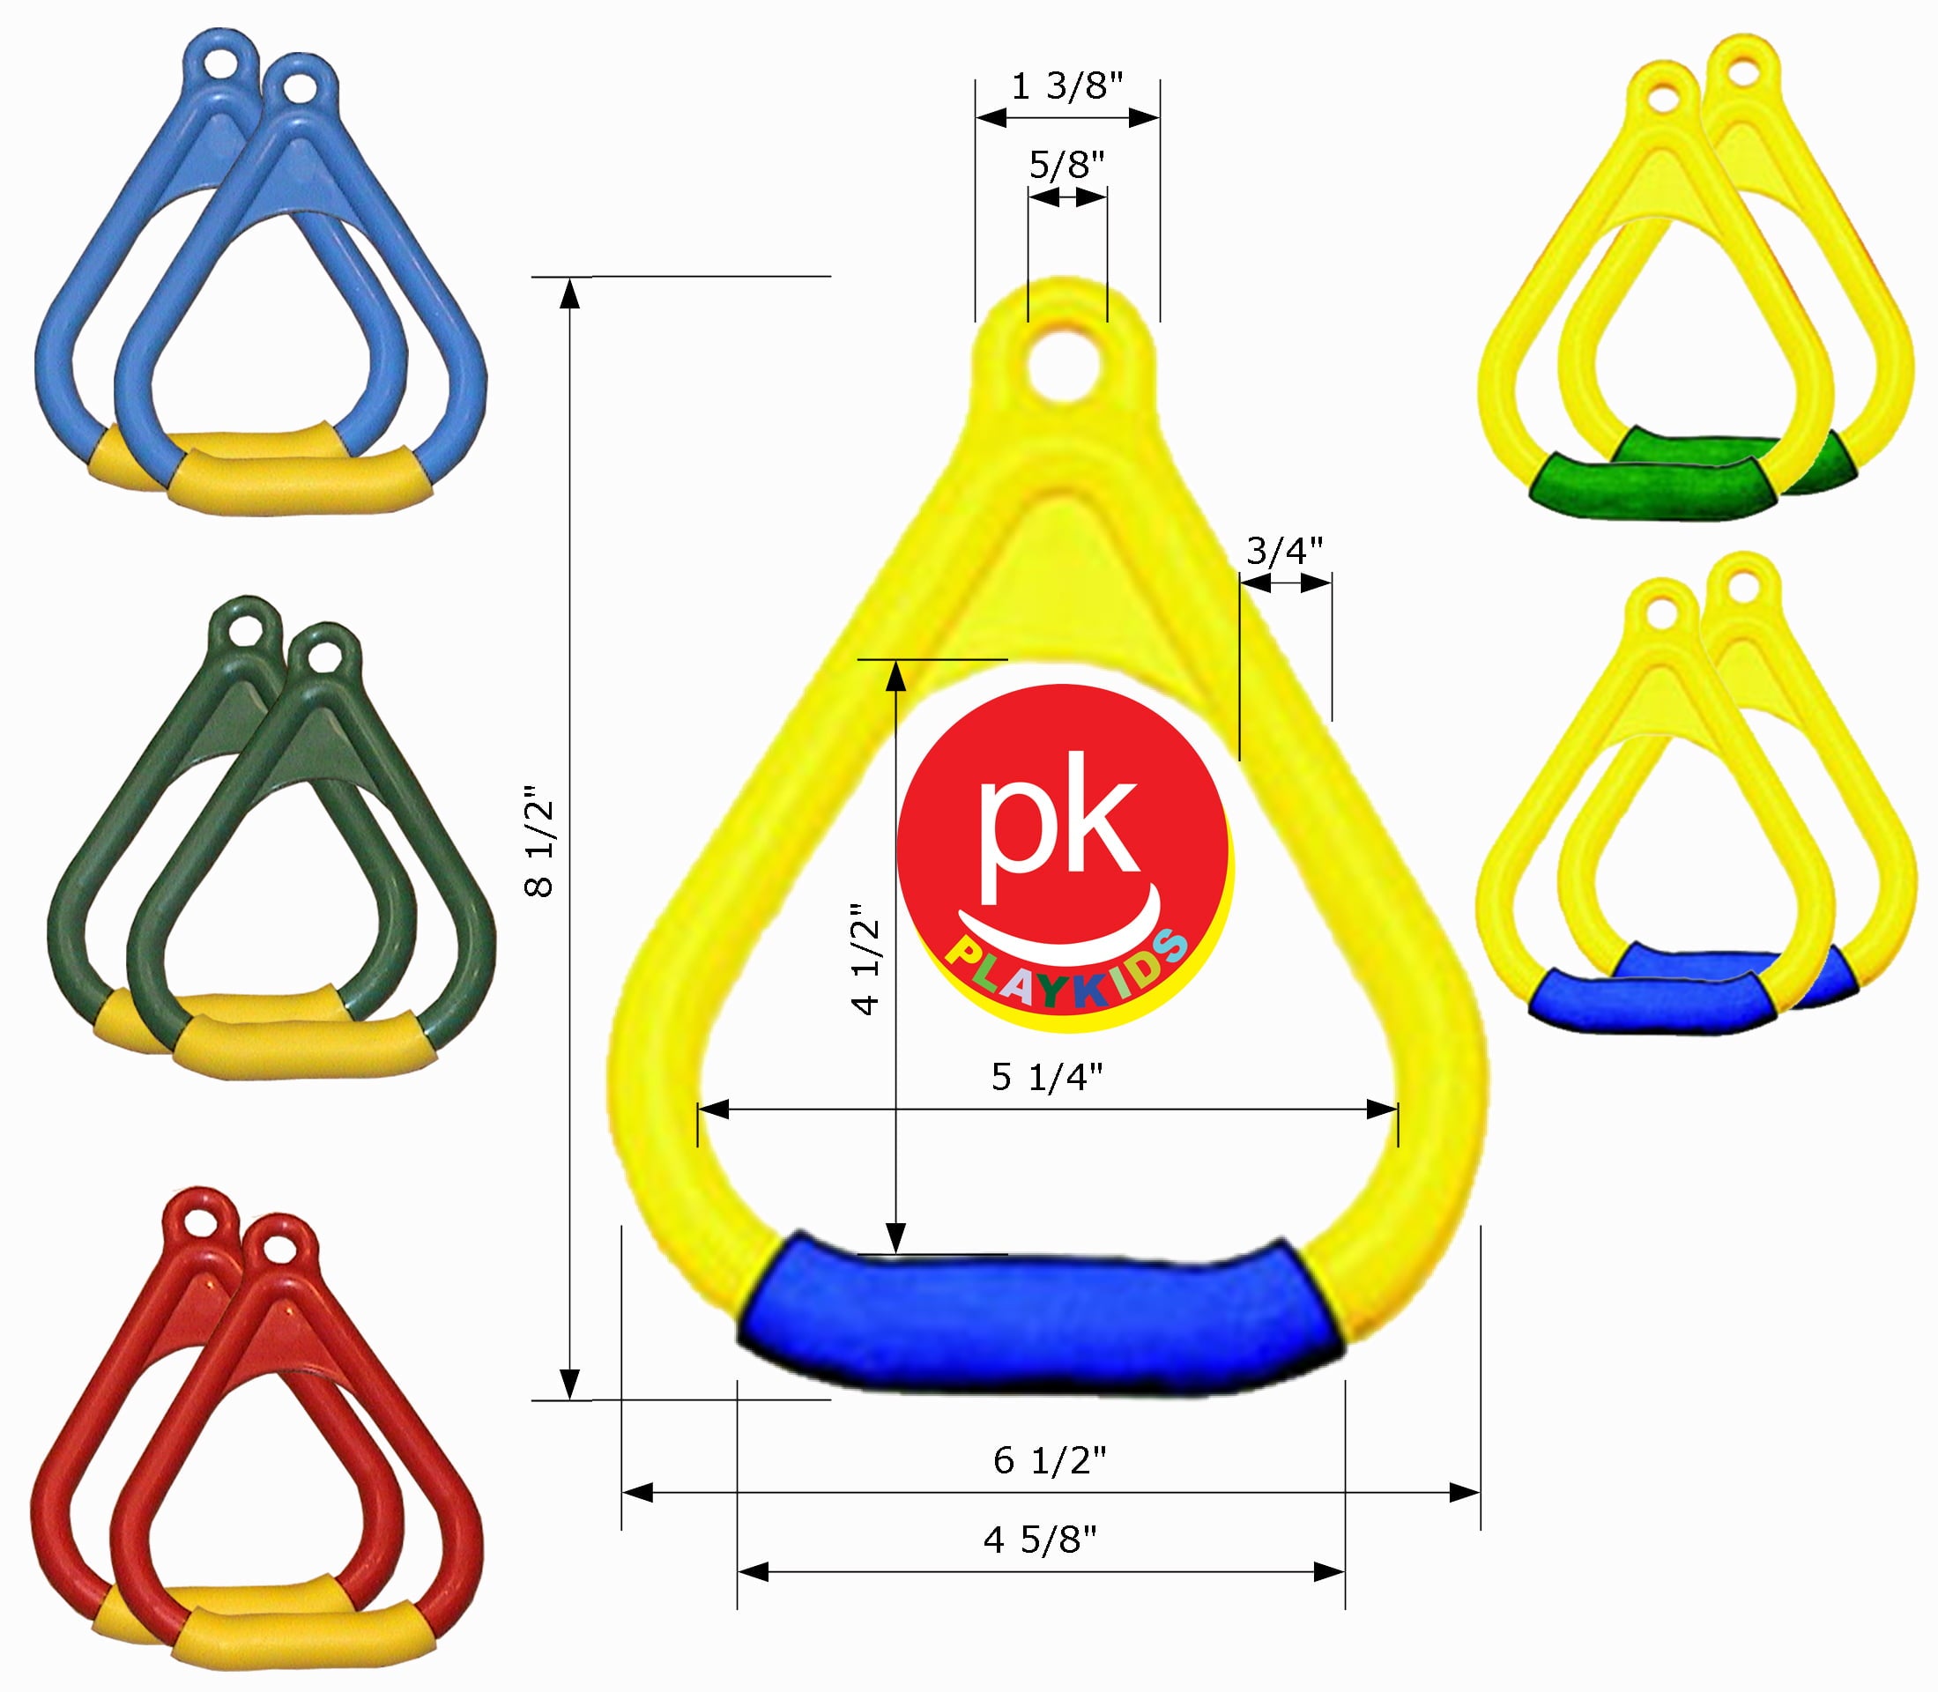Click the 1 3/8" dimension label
pyautogui.click(x=1066, y=88)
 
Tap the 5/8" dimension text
pyautogui.click(x=1066, y=167)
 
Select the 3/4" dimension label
pyautogui.click(x=1284, y=552)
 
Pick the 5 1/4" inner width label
pyautogui.click(x=1046, y=1077)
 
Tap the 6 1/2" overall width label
pyautogui.click(x=1049, y=1462)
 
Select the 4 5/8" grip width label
pyautogui.click(x=1040, y=1541)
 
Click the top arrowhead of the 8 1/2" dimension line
pyautogui.click(x=568, y=294)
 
